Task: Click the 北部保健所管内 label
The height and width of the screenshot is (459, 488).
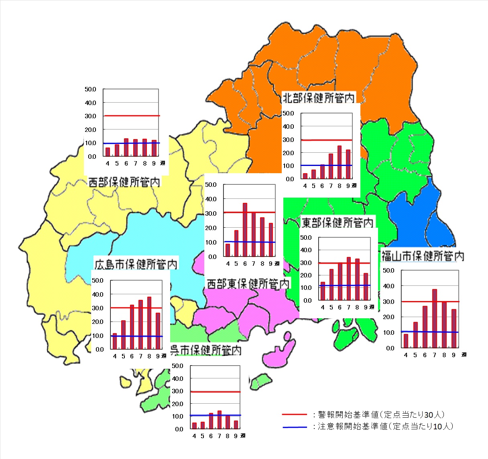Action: click(x=319, y=98)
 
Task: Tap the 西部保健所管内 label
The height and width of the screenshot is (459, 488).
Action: click(x=124, y=182)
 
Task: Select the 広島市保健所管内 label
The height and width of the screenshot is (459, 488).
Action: click(x=136, y=264)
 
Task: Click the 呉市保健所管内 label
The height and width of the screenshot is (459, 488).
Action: click(x=206, y=350)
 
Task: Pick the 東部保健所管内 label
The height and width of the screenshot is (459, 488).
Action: click(x=337, y=222)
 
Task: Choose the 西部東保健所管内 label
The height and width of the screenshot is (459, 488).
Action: click(x=248, y=283)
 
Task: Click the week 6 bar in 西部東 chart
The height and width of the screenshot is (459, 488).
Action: click(x=245, y=230)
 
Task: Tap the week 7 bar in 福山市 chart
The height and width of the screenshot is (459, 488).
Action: click(x=435, y=318)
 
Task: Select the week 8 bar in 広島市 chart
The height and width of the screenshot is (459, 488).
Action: click(x=149, y=323)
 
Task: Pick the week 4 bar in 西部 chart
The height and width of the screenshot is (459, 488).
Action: click(x=108, y=152)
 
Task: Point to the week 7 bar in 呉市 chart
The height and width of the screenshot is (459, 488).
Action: click(x=220, y=420)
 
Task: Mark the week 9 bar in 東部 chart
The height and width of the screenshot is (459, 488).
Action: click(x=366, y=287)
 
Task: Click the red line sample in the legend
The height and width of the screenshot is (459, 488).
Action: click(x=294, y=415)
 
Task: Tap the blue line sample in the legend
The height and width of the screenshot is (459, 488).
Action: click(x=294, y=427)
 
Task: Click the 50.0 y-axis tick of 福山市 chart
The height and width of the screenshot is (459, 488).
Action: click(x=388, y=271)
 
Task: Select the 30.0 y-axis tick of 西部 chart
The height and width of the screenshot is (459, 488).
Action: click(x=90, y=116)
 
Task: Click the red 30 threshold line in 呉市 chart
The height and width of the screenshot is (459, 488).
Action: click(x=216, y=392)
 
